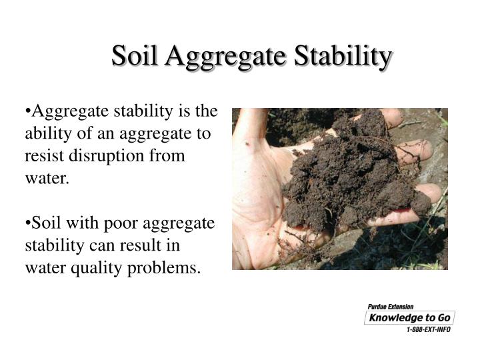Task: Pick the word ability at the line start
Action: coord(47,134)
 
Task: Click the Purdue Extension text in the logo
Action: coord(391,307)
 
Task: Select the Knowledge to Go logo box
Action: coord(409,318)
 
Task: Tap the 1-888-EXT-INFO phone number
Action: coord(428,330)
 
